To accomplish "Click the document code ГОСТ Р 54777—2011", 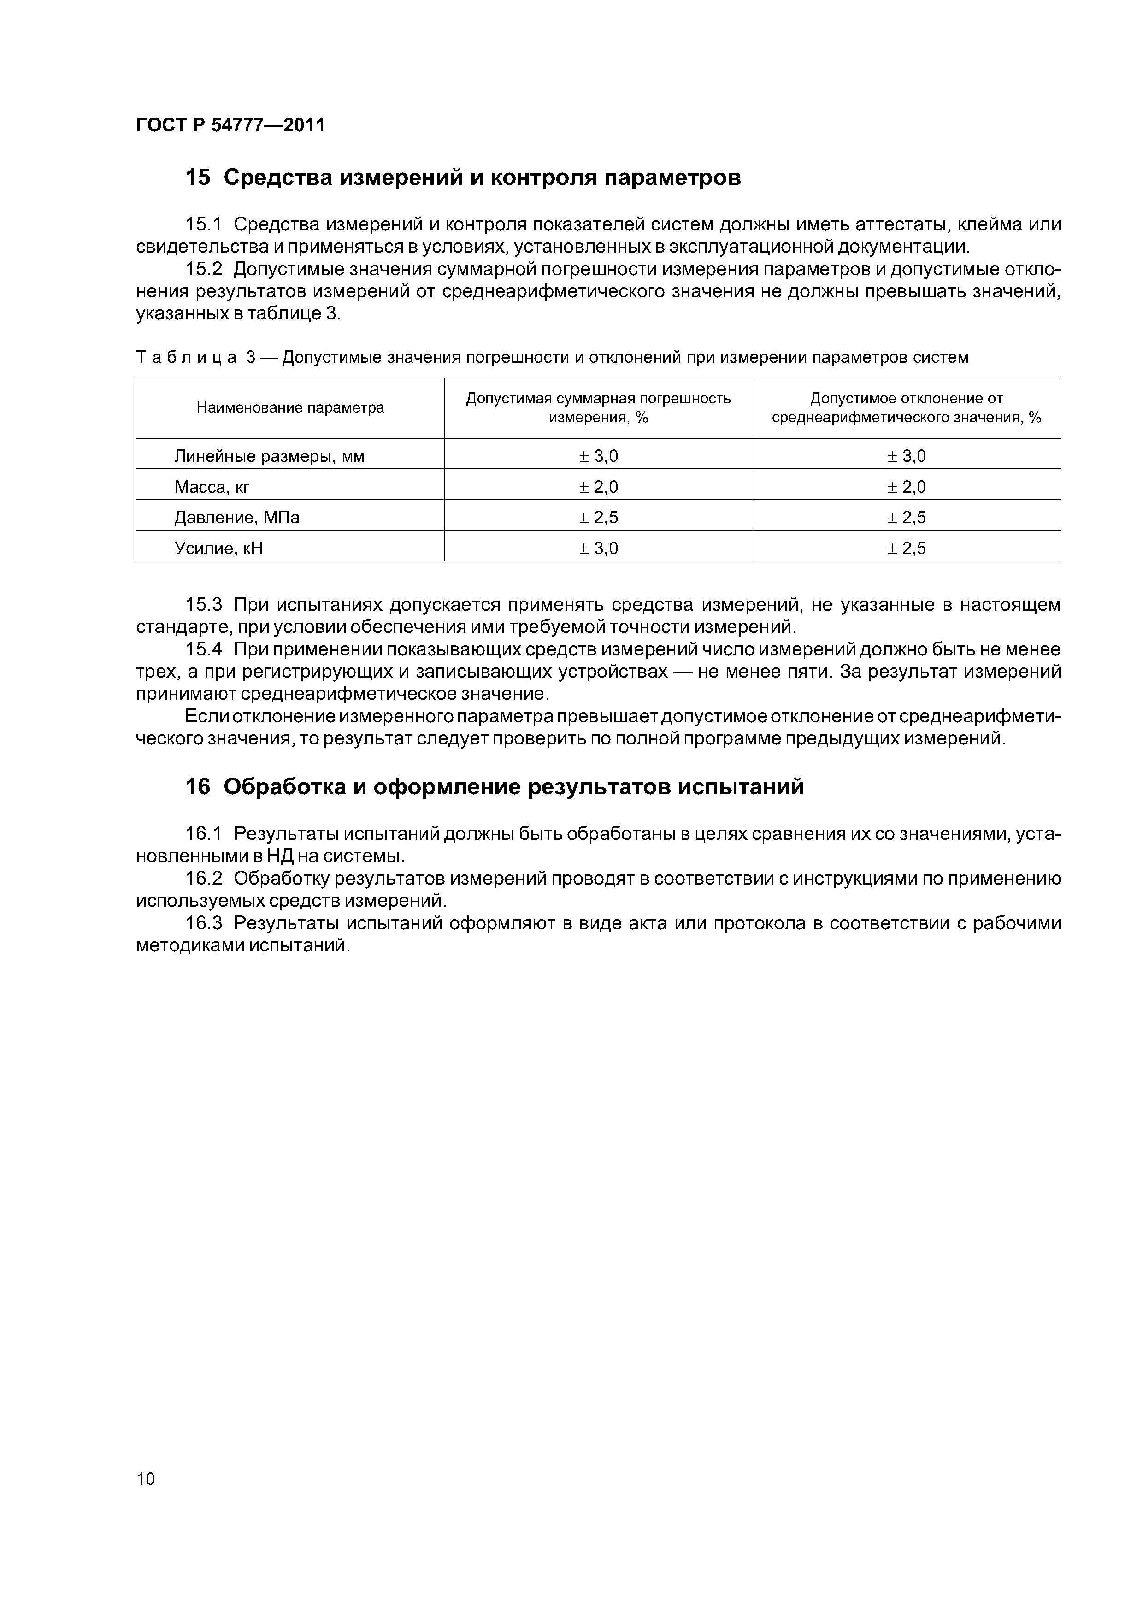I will (x=230, y=125).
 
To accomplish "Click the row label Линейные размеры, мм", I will (x=269, y=456).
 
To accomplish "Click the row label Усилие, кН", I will (x=218, y=548).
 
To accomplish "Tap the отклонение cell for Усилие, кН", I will (x=907, y=548).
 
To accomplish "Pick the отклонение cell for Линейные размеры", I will (x=907, y=456).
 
